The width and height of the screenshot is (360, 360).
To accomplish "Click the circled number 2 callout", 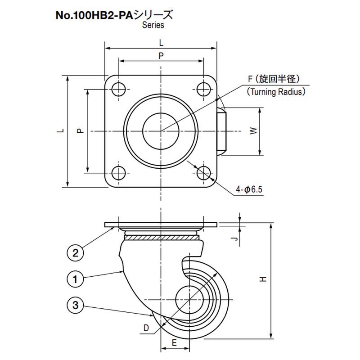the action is click(75, 253).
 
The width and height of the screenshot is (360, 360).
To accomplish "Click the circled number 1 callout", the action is click(75, 279).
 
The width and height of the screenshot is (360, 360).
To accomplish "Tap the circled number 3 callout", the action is click(75, 305).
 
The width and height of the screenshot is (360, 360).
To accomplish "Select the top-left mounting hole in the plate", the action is click(118, 89).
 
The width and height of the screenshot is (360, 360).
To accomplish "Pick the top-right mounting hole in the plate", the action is click(204, 89).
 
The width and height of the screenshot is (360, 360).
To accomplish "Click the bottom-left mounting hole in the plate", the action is click(118, 173).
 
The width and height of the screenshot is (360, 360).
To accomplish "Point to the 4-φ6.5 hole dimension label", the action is click(249, 189).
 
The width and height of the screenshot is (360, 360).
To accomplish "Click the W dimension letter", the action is click(253, 131).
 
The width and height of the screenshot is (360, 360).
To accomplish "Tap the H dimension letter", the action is click(263, 279).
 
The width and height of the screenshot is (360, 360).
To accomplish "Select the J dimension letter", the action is click(234, 239).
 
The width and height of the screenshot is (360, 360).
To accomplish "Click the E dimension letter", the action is click(174, 343).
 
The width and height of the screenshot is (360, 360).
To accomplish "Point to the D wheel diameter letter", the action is click(146, 328).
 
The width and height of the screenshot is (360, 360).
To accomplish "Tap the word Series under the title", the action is click(153, 25).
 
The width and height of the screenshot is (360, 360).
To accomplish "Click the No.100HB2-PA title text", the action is click(94, 16).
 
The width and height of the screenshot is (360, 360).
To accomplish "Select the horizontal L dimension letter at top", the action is click(161, 43).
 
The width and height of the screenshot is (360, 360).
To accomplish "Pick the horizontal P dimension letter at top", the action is click(161, 55).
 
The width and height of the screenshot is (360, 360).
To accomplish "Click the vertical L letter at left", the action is click(61, 130).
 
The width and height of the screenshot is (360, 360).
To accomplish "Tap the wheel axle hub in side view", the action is click(189, 300).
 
